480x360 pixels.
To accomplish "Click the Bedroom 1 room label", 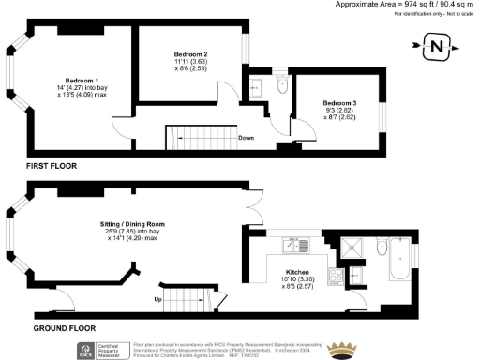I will (x=80, y=81).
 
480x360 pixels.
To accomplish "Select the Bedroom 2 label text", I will (x=190, y=55).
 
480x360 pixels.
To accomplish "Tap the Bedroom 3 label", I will (x=338, y=102).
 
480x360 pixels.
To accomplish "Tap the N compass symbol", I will (x=436, y=44).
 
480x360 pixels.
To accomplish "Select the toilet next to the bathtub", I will (x=380, y=249).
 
